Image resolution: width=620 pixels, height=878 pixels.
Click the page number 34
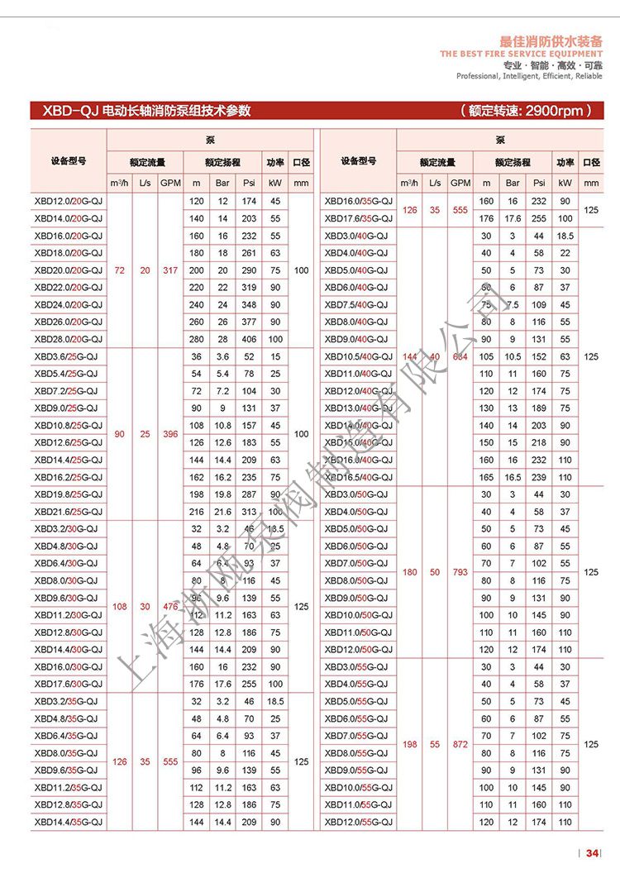tap(592, 853)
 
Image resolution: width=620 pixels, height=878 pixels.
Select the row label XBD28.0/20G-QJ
tap(69, 339)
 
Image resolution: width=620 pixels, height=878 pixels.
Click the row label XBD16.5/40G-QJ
tap(358, 477)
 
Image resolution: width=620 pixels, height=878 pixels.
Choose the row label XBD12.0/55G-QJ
tap(358, 822)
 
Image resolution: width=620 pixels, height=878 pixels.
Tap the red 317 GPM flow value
tap(170, 270)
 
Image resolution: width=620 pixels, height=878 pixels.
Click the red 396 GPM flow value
tap(170, 433)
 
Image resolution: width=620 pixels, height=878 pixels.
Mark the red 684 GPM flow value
tap(460, 356)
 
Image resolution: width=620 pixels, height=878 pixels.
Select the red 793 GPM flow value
tap(460, 572)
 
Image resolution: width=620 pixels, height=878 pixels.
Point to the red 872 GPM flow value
tap(460, 744)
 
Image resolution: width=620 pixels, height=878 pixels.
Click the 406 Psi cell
tap(249, 339)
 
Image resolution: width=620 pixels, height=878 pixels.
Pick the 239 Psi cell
tap(539, 477)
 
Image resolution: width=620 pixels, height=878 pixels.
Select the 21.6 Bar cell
tap(222, 512)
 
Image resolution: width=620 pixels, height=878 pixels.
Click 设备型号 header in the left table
tap(69, 161)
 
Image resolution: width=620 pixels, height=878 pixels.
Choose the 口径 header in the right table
tap(591, 161)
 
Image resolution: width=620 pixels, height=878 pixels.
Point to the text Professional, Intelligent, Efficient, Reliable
tap(529, 76)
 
